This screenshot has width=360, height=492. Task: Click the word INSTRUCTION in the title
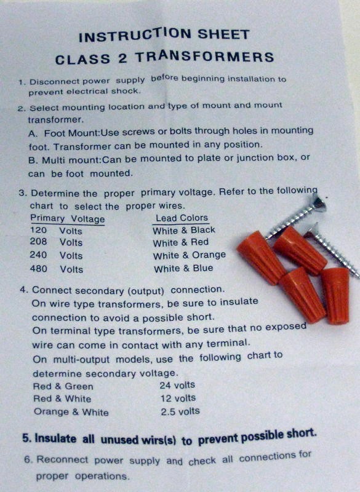(x=135, y=35)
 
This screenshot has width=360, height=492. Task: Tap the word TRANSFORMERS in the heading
(x=205, y=57)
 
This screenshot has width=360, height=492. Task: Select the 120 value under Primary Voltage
(x=38, y=230)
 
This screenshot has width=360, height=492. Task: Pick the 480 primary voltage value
(x=38, y=269)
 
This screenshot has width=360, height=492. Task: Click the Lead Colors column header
(x=182, y=218)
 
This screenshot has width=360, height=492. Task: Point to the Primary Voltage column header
(x=67, y=218)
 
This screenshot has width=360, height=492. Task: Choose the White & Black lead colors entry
(x=184, y=230)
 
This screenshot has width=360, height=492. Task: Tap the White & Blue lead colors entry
(x=183, y=269)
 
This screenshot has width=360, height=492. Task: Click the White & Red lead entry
(x=180, y=242)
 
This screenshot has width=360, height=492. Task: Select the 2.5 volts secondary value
(x=180, y=411)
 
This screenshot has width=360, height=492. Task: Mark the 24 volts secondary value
(x=177, y=385)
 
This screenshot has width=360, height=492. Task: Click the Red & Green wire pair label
(x=63, y=386)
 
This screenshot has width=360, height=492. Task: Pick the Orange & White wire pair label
(x=71, y=412)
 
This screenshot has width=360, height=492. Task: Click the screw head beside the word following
(x=319, y=202)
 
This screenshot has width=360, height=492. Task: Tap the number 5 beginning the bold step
(x=25, y=438)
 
